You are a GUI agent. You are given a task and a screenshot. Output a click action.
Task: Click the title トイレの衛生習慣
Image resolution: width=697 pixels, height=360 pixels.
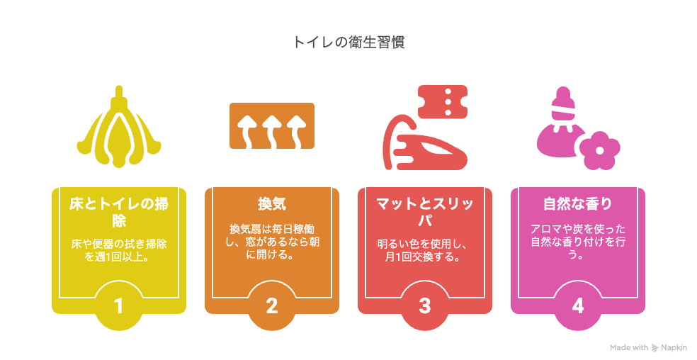coord(348,43)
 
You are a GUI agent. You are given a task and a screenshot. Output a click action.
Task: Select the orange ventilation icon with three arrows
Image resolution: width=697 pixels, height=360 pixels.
coord(271,126)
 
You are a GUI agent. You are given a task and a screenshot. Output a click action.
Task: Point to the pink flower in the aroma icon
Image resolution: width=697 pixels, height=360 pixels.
coord(600,150)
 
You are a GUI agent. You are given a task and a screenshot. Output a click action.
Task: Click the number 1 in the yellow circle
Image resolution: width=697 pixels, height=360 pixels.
coord(118,306)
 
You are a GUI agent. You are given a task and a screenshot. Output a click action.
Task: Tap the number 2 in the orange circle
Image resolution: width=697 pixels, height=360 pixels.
coord(271,306)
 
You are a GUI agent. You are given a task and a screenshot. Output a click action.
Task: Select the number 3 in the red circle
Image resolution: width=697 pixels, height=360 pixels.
coord(424,306)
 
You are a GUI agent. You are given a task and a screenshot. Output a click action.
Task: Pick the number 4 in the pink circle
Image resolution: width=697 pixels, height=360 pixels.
coord(577,306)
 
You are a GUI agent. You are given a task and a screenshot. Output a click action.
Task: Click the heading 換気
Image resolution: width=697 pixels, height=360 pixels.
coord(271,204)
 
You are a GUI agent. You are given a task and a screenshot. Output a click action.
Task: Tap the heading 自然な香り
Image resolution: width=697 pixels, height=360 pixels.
coord(577,204)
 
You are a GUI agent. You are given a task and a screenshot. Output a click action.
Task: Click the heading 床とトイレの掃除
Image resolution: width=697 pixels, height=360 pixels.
coord(119,213)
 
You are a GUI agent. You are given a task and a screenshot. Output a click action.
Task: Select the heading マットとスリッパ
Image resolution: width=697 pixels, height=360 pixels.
coord(424,213)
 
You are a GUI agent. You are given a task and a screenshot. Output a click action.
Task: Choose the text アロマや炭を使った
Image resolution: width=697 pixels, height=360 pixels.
coord(577,229)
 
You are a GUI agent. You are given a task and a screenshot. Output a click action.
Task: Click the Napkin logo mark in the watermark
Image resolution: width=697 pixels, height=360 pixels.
coord(654,348)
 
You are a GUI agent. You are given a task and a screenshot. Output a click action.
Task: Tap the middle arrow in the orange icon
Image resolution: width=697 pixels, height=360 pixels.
coord(271,131)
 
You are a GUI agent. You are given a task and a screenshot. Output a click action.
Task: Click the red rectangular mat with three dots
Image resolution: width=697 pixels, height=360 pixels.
coord(443,102)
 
